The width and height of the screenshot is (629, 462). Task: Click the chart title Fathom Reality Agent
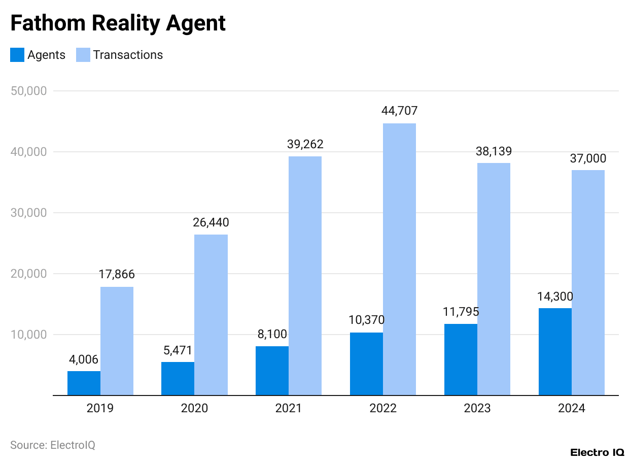coord(118,23)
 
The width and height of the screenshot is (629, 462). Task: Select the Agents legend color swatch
coord(17,55)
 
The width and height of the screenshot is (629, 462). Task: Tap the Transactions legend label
coord(128,55)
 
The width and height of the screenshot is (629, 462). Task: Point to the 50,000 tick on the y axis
coord(28,91)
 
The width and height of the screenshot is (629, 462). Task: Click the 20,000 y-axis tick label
coord(28,274)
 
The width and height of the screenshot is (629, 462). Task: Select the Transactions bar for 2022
coord(399,259)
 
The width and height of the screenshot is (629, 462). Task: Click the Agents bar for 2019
coord(84,383)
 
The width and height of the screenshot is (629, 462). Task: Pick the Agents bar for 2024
coord(555,351)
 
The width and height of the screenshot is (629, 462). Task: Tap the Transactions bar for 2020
coord(211,315)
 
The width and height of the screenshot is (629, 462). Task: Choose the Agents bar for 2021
coord(272,371)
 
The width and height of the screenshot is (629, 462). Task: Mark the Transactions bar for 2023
coord(494,279)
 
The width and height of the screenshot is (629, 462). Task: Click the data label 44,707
coord(399,111)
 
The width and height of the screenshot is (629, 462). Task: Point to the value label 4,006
coord(84,359)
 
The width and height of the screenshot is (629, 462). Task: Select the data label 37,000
coord(588,158)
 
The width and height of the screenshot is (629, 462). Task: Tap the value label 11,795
coord(461,312)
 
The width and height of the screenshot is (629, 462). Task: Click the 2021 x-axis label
coord(288,408)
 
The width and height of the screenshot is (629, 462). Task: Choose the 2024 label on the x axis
coord(571,408)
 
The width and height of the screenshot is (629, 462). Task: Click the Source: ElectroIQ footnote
coord(53,445)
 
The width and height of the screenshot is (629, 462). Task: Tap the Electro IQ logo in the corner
coord(597,452)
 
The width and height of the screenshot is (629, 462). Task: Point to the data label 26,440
coord(211,222)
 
